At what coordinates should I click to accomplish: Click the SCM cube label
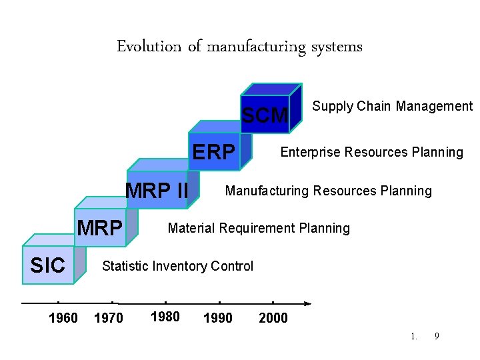[x=265, y=116]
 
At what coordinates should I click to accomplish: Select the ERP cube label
[x=213, y=153]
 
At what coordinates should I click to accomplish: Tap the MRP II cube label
[x=157, y=191]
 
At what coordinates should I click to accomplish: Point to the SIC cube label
[x=48, y=266]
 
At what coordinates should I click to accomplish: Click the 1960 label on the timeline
[x=63, y=318]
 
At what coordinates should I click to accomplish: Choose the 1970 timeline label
[x=109, y=318]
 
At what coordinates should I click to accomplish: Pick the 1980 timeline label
[x=165, y=317]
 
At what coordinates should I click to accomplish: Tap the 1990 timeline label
[x=218, y=318]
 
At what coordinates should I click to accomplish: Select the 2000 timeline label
[x=273, y=318]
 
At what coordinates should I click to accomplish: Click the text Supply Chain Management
[x=392, y=106]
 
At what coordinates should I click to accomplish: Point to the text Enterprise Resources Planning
[x=371, y=152]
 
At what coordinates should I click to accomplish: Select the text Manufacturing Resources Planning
[x=328, y=191]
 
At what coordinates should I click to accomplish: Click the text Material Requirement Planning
[x=259, y=228]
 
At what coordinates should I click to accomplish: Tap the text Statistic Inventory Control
[x=177, y=266]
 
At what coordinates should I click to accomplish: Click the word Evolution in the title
[x=149, y=47]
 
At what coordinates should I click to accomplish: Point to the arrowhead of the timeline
[x=307, y=303]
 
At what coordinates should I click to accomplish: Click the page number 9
[x=437, y=336]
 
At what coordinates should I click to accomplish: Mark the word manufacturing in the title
[x=256, y=47]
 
